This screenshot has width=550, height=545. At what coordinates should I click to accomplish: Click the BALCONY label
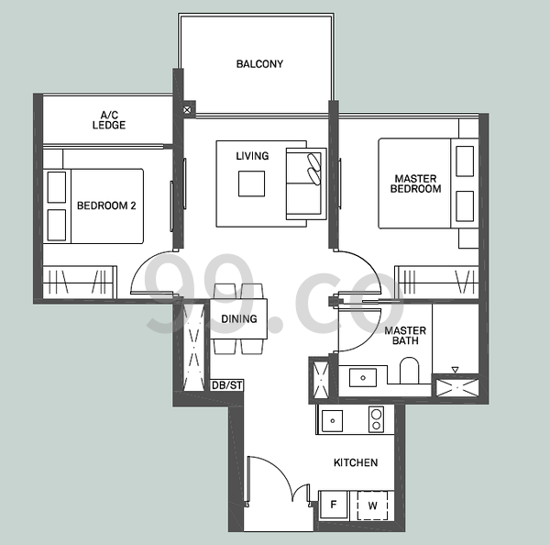tap(259, 64)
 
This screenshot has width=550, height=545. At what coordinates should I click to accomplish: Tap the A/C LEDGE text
tap(109, 120)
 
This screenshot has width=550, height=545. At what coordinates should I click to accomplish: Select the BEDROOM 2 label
tap(106, 206)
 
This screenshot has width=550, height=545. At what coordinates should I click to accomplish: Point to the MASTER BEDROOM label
tap(415, 184)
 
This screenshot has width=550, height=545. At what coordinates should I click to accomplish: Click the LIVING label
tap(252, 156)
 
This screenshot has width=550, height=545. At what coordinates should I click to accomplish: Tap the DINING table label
tap(239, 318)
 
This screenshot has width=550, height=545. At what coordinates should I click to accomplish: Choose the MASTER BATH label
tap(405, 336)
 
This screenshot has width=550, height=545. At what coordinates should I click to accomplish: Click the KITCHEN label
tap(356, 462)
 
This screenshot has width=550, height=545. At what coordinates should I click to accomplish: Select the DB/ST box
tap(227, 385)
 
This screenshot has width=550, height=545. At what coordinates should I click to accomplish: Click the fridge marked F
tap(334, 505)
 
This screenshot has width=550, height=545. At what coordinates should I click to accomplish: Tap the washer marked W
tap(372, 506)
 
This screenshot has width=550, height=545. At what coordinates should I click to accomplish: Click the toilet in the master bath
tap(410, 371)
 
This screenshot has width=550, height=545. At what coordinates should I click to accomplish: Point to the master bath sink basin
tap(363, 377)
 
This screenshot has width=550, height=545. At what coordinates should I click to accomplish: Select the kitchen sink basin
tap(332, 421)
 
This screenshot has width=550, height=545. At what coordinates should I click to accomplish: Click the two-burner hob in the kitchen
tap(377, 419)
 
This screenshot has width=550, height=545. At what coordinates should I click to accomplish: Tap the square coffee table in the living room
tap(251, 184)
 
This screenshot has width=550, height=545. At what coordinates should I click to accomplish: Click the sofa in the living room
tap(306, 184)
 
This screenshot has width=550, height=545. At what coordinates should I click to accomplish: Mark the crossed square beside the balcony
tap(187, 110)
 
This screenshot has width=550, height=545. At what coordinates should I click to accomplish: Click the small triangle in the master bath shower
tap(456, 370)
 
